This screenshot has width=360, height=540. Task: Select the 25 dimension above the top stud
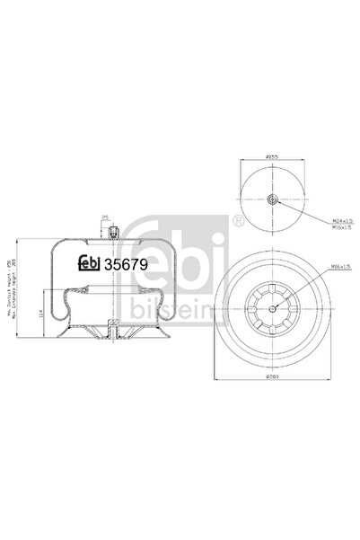tap(105, 217)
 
